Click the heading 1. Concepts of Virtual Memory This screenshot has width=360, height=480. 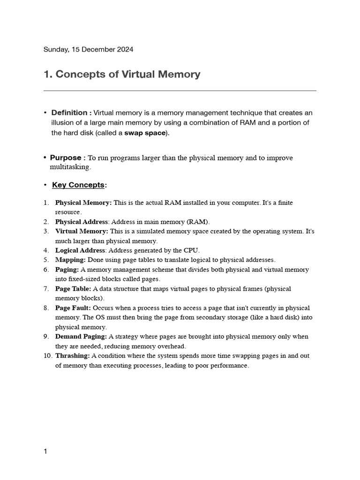(x=122, y=74)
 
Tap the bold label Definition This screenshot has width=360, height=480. (x=69, y=112)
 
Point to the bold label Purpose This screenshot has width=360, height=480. (x=66, y=158)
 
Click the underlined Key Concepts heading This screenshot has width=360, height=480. (x=78, y=185)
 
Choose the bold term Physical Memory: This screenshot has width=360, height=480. (x=83, y=202)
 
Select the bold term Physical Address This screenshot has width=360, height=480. (x=82, y=222)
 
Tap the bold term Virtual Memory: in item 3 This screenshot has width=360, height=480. (x=82, y=231)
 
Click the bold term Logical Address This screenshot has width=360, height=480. (x=80, y=250)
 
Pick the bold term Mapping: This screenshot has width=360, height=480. (x=70, y=260)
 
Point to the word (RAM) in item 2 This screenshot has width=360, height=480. (x=199, y=222)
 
